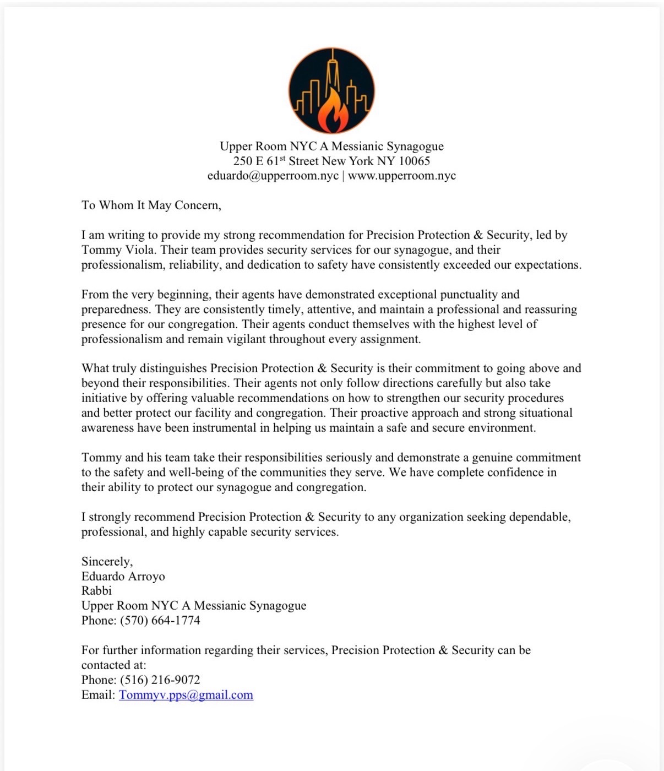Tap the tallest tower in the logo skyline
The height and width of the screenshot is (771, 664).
point(332,72)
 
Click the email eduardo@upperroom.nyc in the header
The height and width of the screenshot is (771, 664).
point(273,176)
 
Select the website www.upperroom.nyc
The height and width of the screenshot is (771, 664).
point(402,176)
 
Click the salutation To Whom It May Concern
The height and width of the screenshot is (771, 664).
point(151,205)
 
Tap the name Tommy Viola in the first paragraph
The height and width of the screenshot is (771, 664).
point(118,250)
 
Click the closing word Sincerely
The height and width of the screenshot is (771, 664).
point(107,562)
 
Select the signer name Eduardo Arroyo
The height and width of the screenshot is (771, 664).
point(123,577)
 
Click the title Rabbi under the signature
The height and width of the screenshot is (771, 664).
point(96,591)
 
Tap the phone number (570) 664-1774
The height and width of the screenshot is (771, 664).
point(160,621)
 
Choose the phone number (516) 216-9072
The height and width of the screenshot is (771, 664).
point(160,680)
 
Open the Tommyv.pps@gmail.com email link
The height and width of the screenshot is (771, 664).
point(186,695)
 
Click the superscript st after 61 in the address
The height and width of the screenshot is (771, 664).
point(282,159)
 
